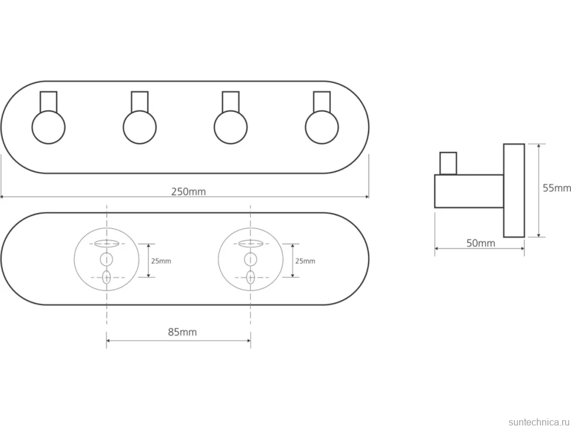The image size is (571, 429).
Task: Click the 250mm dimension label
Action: point(188,192)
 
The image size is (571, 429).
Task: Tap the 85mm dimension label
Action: point(182,332)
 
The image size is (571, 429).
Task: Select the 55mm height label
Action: point(556,188)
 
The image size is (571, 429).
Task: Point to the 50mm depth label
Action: point(481,243)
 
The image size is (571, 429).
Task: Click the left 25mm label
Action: point(161,261)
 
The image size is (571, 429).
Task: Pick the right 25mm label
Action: point(305,261)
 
